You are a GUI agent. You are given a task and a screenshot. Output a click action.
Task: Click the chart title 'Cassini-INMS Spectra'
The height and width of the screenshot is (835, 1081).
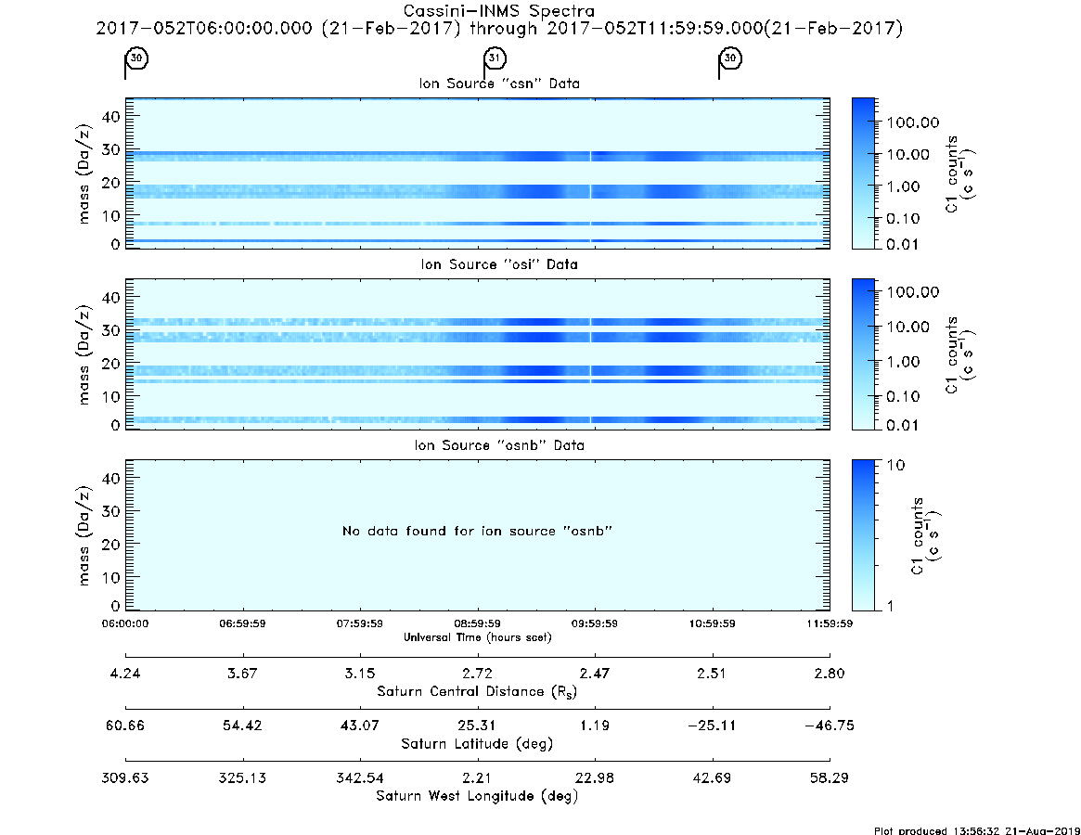(498, 11)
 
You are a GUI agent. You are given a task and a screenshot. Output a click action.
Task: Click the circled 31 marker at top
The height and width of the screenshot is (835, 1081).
(495, 58)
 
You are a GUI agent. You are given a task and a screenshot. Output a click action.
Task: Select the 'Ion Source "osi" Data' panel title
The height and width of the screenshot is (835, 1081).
(499, 264)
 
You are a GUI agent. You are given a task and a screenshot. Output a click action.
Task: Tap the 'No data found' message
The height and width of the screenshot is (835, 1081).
(477, 531)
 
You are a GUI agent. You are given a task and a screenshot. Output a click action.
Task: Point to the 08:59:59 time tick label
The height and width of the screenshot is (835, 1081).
(477, 623)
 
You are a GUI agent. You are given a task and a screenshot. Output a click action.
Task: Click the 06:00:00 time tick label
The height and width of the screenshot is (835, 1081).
(125, 623)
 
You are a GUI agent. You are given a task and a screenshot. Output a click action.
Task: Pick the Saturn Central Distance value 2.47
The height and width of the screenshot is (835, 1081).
(594, 673)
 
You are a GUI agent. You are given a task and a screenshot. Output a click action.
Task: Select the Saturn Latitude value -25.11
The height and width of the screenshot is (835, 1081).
(712, 726)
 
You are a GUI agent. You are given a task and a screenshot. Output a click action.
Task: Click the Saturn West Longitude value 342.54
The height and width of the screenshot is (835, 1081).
(360, 777)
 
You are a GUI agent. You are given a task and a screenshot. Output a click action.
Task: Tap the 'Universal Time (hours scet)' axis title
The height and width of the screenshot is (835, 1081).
(477, 637)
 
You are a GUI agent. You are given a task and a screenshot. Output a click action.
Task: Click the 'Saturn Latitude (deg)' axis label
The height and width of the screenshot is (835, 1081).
(477, 744)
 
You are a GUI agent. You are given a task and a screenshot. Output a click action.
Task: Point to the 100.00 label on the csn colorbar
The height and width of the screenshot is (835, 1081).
(913, 122)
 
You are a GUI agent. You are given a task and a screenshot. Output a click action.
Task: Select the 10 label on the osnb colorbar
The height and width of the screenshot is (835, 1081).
(895, 465)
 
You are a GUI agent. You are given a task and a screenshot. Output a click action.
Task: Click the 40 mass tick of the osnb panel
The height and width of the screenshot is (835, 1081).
(111, 478)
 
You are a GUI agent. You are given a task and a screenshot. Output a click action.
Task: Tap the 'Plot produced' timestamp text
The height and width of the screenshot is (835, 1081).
(977, 830)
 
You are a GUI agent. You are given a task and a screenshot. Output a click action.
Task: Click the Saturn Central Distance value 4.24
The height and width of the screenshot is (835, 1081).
(125, 673)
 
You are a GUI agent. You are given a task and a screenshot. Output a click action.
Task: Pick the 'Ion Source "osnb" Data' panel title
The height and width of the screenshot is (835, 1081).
(499, 445)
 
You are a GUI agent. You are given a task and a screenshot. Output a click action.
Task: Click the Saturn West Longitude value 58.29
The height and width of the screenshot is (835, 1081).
(830, 777)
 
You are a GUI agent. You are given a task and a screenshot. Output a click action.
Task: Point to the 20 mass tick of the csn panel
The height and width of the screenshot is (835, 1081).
(111, 183)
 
